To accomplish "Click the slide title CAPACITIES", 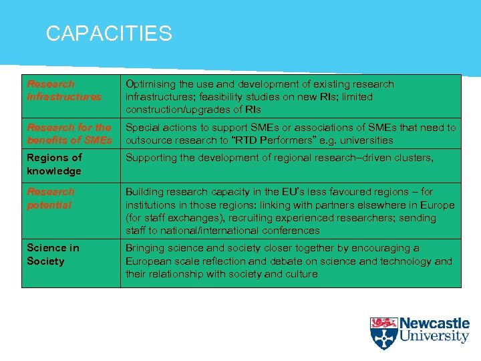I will click(109, 33).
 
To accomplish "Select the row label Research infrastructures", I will click(63, 90).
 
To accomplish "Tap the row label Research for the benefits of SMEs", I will click(69, 134).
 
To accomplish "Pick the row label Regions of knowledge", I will click(54, 164).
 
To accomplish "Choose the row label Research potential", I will click(51, 198).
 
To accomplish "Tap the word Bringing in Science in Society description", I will click(147, 248).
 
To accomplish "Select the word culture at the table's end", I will click(300, 274).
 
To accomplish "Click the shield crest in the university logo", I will click(383, 332).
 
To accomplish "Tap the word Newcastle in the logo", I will click(435, 324).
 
